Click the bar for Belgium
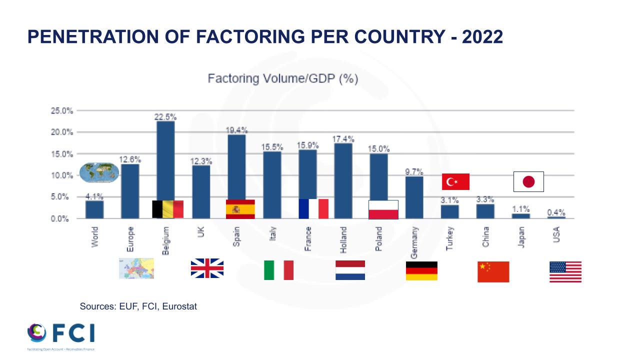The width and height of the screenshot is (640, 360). pyautogui.click(x=165, y=160)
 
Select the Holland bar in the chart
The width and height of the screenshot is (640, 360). pyautogui.click(x=343, y=180)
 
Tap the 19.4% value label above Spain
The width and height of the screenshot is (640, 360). pyautogui.click(x=236, y=130)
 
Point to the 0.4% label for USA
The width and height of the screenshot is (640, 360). pyautogui.click(x=556, y=212)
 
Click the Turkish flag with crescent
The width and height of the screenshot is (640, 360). pyautogui.click(x=455, y=181)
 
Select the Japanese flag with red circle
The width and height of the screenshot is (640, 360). pyautogui.click(x=528, y=181)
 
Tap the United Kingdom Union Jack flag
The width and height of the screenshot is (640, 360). pyautogui.click(x=207, y=268)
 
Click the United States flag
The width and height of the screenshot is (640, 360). pyautogui.click(x=565, y=272)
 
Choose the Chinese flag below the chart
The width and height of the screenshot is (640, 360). pyautogui.click(x=493, y=271)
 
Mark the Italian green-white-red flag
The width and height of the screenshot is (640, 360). pyautogui.click(x=278, y=270)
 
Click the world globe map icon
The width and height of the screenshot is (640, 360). pyautogui.click(x=99, y=172)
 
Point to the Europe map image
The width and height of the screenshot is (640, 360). pyautogui.click(x=136, y=268)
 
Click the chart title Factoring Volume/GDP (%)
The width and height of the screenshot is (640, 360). pyautogui.click(x=283, y=79)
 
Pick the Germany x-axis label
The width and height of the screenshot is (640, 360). pyautogui.click(x=414, y=242)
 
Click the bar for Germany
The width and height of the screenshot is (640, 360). pyautogui.click(x=414, y=197)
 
